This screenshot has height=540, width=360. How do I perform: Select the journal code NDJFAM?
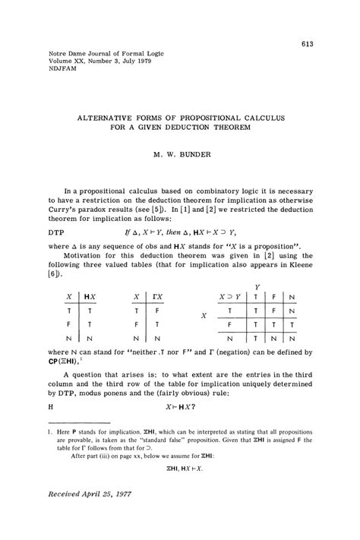(x=49, y=74)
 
